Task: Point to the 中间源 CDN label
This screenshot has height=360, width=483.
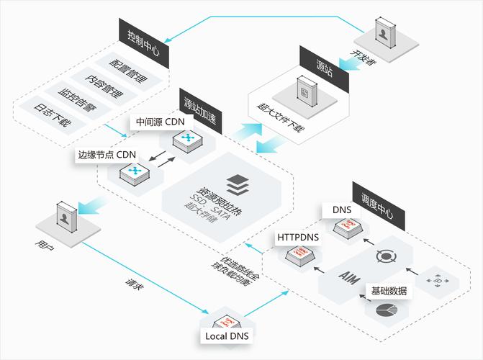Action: coord(160,121)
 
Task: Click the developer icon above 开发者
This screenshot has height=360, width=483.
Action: coord(385,33)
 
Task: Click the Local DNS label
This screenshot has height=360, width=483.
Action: coord(224,336)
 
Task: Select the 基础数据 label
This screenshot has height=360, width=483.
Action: coord(389,291)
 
